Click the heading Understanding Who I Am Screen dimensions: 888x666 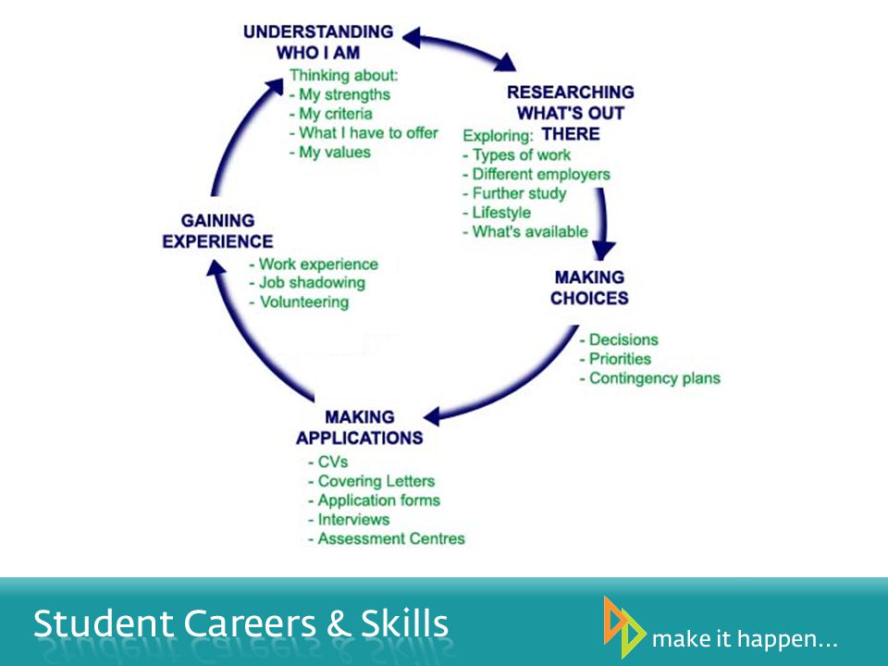coord(318,42)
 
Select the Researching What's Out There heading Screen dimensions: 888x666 coord(571,113)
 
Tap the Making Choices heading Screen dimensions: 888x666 coord(589,288)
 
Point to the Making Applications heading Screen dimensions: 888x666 coord(360,427)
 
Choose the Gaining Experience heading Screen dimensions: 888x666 coord(218,231)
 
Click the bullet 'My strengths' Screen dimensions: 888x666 coord(339,94)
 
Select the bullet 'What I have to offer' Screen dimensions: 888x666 coord(364,133)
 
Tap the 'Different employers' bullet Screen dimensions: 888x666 coord(536,175)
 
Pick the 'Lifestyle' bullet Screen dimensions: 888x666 coord(497,213)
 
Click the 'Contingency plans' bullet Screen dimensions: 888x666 coord(650,378)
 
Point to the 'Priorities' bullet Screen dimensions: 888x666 coord(615,359)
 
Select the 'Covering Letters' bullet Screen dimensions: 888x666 coord(372,481)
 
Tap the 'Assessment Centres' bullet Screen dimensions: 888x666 coord(387,538)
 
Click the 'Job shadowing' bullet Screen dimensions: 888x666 coord(307,283)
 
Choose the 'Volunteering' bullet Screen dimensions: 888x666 coord(299,302)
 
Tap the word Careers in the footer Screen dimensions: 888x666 coord(250,623)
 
